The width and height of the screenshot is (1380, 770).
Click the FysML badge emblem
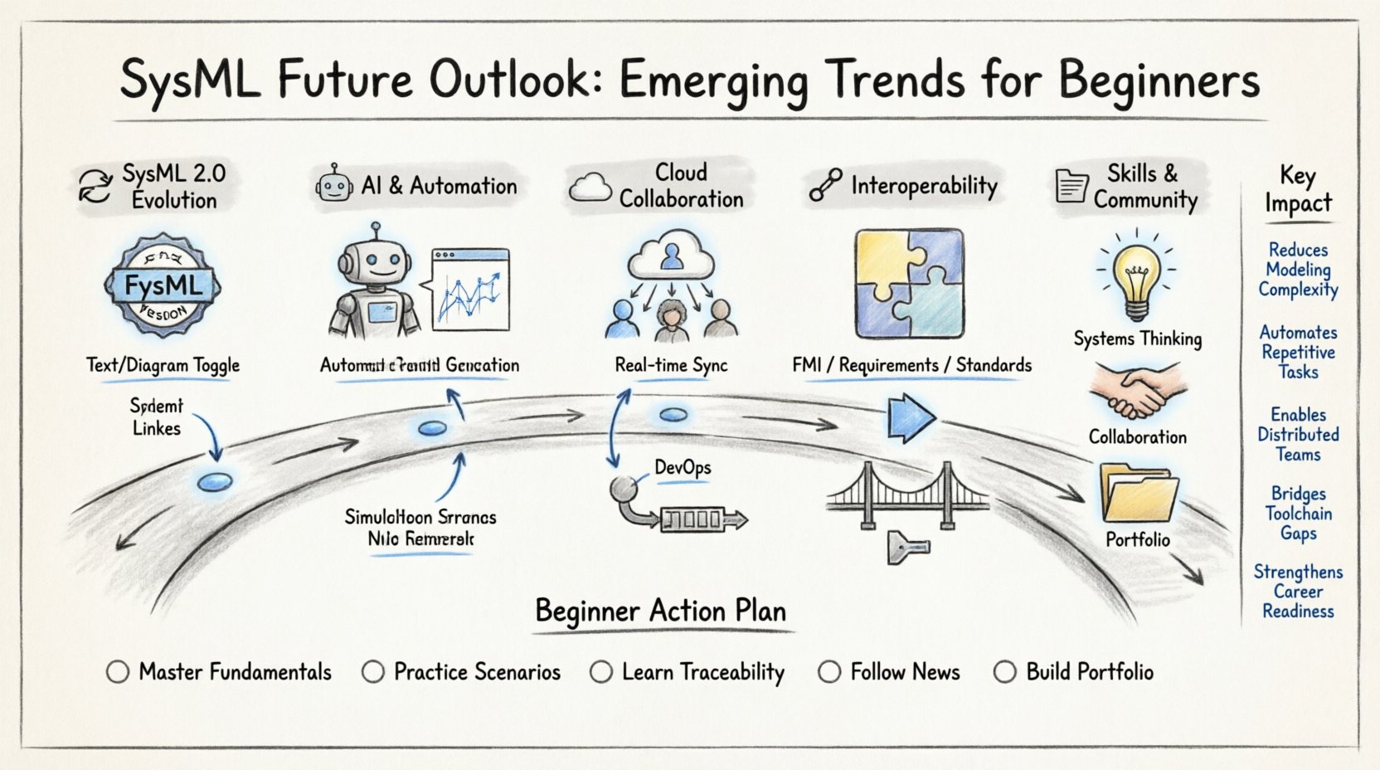[163, 285]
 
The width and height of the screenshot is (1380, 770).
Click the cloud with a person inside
[672, 255]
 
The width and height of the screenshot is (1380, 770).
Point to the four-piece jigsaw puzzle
[910, 284]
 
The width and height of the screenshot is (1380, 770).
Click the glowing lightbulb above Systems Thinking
[1136, 278]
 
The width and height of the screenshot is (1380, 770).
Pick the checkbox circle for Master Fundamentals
[118, 672]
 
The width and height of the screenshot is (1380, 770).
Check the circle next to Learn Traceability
[601, 672]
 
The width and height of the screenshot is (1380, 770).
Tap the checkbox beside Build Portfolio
[1004, 672]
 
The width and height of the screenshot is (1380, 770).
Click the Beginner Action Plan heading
[660, 612]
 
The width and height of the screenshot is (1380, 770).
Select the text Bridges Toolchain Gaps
[1298, 514]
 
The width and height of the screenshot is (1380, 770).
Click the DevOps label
[683, 467]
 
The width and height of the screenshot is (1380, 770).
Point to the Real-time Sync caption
[671, 365]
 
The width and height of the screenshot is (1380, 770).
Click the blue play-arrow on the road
[910, 417]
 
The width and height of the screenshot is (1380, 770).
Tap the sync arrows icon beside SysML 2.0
[95, 186]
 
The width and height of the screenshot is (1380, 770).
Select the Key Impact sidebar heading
[1298, 189]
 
